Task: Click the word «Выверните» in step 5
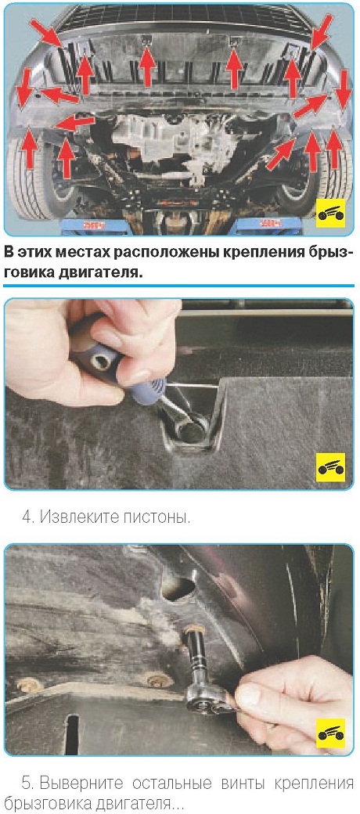(x=75, y=783)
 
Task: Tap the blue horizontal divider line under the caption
(x=179, y=286)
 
